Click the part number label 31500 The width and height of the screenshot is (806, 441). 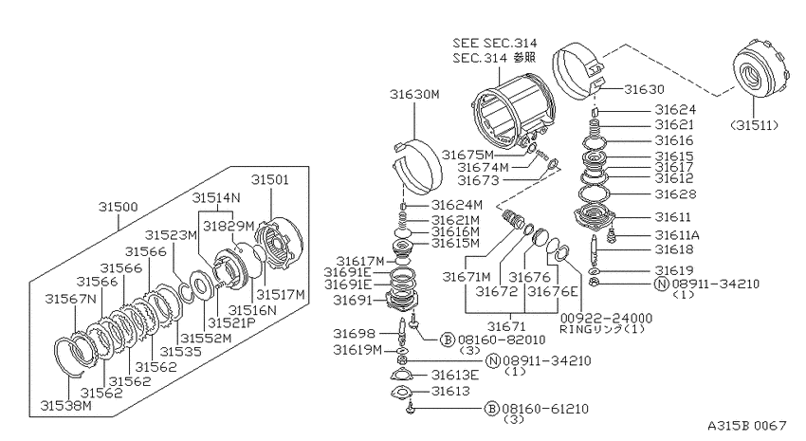[119, 207]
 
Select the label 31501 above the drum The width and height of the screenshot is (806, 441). [270, 180]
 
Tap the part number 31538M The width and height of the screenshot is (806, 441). [66, 406]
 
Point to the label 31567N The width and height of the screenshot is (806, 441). [70, 299]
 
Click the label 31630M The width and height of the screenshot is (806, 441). [414, 95]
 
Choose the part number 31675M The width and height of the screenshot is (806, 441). [467, 155]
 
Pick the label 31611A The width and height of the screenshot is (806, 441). [677, 235]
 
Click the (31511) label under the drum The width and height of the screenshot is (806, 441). [754, 125]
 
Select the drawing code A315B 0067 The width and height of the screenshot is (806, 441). [747, 426]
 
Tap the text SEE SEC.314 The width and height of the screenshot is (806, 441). [494, 44]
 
